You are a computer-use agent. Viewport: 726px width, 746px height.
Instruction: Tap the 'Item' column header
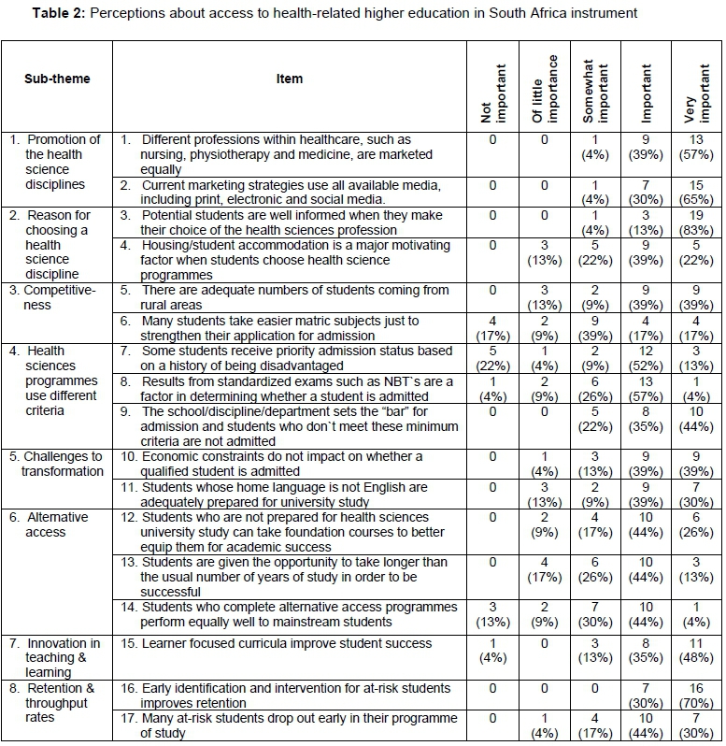[289, 79]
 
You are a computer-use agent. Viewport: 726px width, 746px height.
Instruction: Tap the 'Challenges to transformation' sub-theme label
[56, 464]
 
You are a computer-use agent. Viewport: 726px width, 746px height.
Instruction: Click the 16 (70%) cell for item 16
[698, 696]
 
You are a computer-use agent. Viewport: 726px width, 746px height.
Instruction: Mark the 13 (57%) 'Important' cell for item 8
[647, 388]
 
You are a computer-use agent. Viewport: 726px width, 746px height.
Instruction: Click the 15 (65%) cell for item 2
[698, 192]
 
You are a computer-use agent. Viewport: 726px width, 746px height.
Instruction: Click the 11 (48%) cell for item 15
[698, 652]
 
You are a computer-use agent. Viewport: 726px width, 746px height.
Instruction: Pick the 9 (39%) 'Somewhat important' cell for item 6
[595, 328]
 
